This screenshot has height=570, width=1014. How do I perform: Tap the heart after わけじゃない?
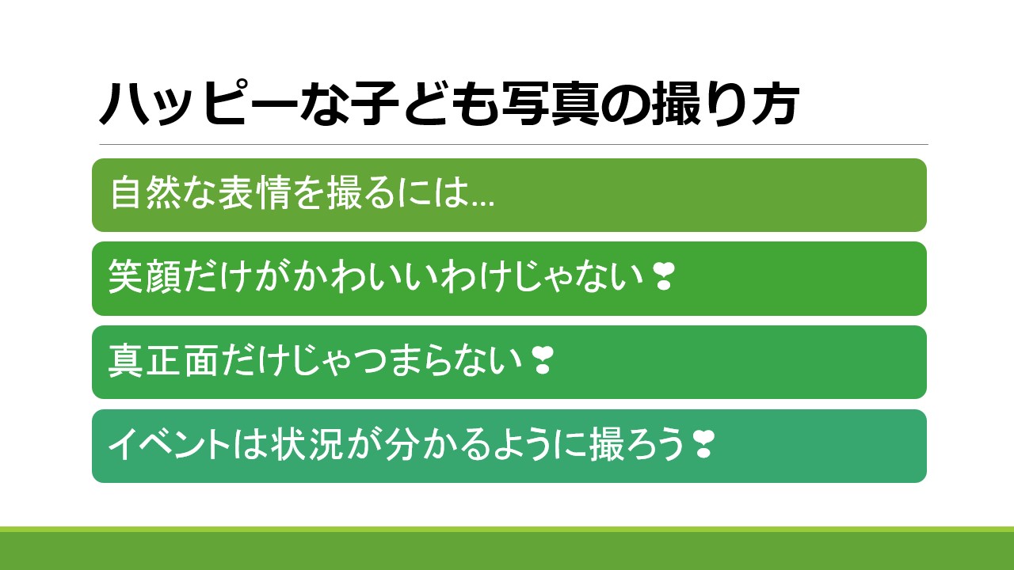tap(664, 277)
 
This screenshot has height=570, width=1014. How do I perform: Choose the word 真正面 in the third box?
tap(162, 360)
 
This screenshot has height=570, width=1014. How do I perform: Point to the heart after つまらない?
tap(541, 360)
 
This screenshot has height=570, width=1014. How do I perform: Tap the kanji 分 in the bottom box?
tap(401, 444)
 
